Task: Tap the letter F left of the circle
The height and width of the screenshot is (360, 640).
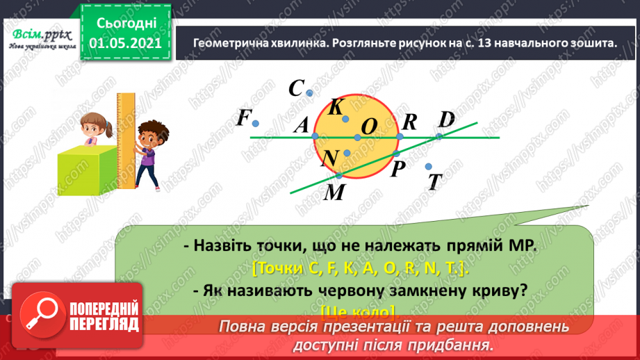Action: [x=243, y=118]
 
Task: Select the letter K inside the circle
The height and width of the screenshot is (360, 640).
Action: [x=336, y=107]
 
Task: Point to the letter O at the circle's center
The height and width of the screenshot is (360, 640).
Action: [x=369, y=126]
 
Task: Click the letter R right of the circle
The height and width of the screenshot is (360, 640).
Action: [x=409, y=122]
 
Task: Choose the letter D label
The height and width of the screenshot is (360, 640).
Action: [x=446, y=120]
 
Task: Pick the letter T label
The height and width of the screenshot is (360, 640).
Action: [x=435, y=182]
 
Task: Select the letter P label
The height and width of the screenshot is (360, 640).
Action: [x=397, y=170]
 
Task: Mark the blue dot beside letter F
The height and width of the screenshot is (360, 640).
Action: [x=256, y=124]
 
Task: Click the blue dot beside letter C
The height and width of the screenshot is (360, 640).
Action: [x=310, y=93]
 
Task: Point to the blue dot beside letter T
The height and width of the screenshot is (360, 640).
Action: [x=429, y=166]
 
